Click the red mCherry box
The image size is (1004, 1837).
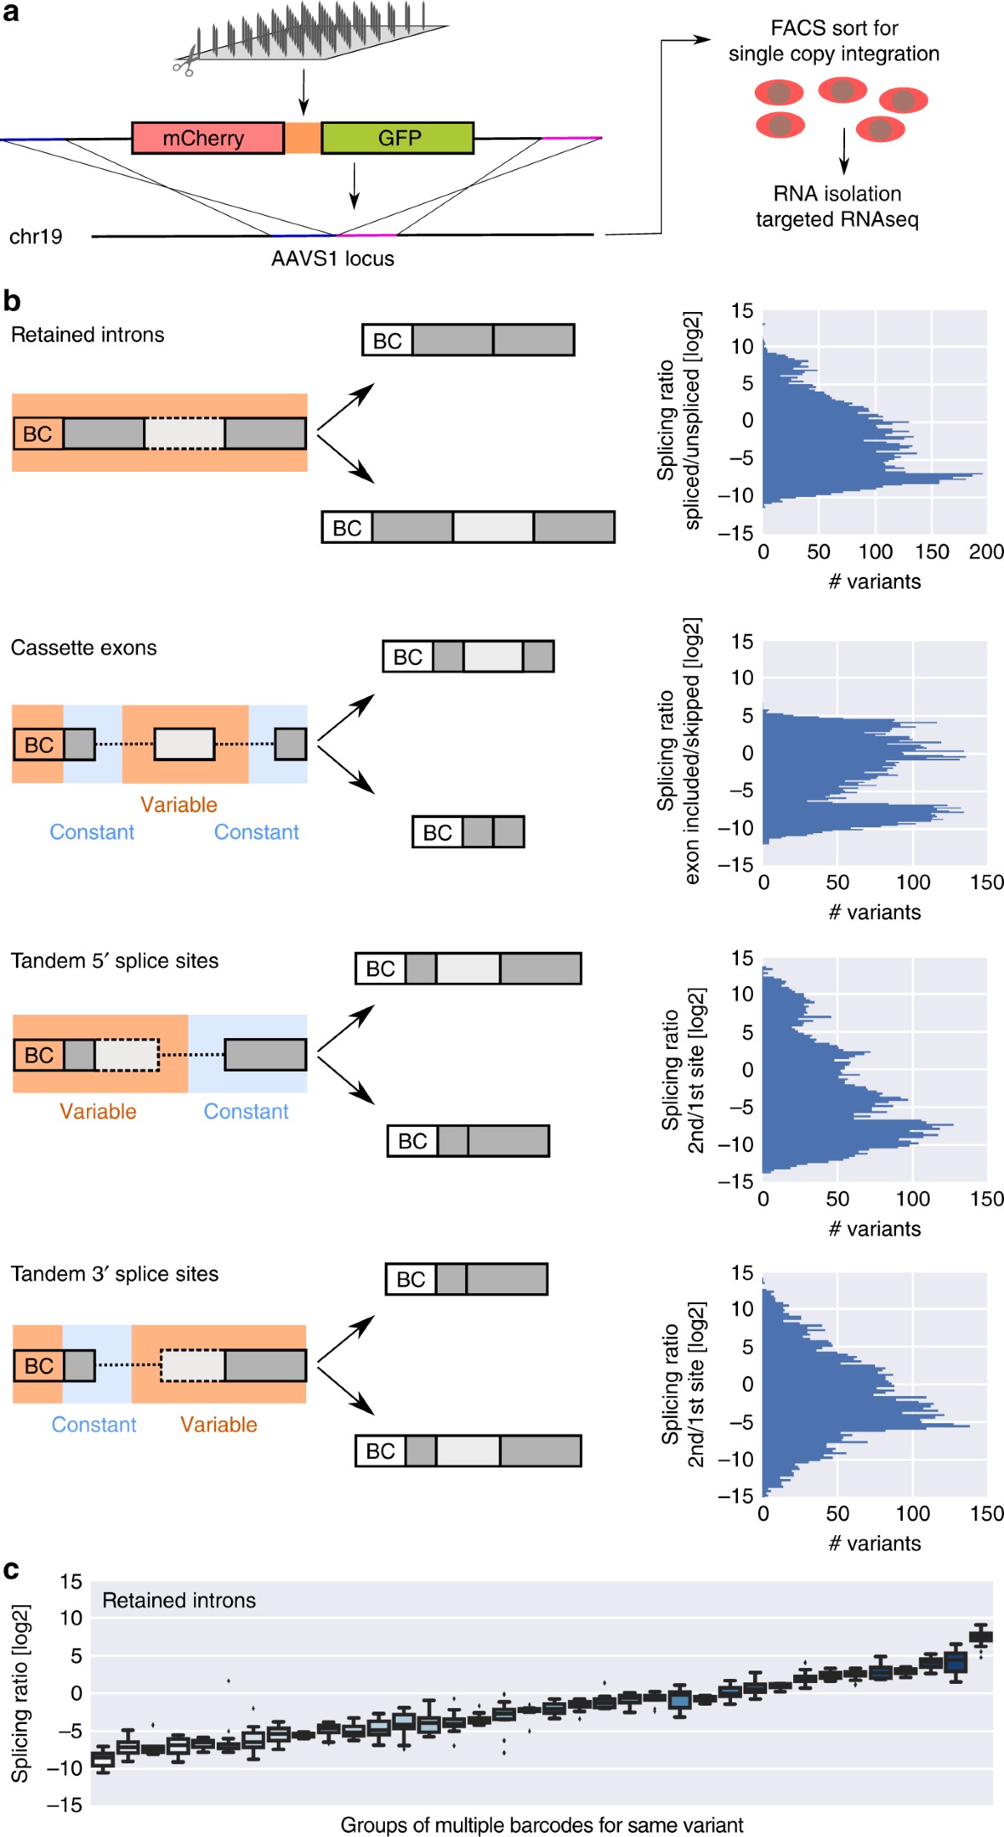207,138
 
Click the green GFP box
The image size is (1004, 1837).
397,138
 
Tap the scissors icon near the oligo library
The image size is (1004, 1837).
184,63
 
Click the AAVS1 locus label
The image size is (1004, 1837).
332,258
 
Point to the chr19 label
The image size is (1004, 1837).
36,237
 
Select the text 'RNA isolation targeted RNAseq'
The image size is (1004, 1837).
837,207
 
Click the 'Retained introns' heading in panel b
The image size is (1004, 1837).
88,335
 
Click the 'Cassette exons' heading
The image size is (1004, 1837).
84,647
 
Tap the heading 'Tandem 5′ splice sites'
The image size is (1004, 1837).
115,961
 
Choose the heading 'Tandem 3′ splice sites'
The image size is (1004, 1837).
115,1274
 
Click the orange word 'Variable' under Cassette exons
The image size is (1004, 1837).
178,805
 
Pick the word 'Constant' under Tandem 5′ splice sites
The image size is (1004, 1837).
246,1112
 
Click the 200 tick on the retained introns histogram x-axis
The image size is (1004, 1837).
986,552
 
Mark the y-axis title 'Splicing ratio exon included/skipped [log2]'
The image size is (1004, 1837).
679,750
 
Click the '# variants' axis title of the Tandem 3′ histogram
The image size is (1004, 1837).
874,1543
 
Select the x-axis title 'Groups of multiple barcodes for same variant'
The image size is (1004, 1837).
541,1824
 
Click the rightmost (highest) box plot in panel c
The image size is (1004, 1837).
981,1637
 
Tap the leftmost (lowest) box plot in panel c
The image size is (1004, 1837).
103,1759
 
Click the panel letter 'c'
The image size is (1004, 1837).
11,1570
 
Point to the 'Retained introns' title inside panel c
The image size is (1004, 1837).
179,1600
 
